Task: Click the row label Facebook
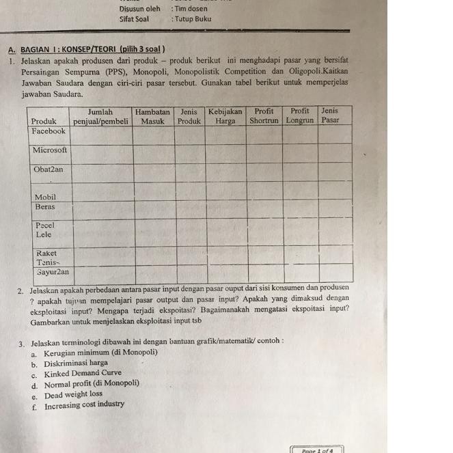(49, 131)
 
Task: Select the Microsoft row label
(50, 150)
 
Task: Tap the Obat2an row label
(49, 169)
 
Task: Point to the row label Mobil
(45, 197)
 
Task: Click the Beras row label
(46, 206)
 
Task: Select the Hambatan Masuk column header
(152, 116)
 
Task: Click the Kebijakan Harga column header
(225, 116)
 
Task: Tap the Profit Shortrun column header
(264, 115)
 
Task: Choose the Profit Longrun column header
(300, 115)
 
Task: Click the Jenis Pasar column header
(330, 115)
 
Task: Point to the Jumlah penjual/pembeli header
(101, 116)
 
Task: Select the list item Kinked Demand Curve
(83, 374)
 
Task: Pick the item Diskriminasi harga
(76, 363)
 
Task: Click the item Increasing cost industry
(85, 405)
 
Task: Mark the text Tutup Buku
(193, 19)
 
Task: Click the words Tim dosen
(191, 9)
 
